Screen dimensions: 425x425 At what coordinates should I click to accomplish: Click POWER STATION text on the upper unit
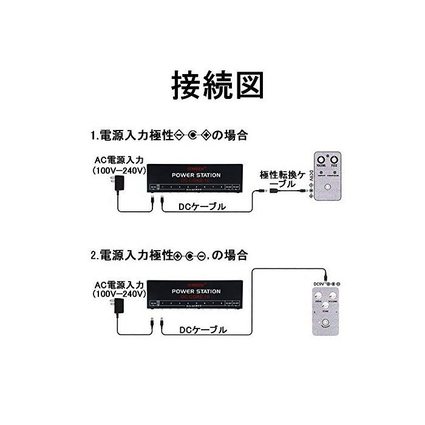coord(195,175)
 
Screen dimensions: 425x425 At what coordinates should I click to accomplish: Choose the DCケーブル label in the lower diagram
coord(203,330)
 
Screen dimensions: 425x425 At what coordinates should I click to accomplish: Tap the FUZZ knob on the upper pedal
coord(334,160)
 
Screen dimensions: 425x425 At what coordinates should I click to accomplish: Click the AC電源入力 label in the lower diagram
coord(118,284)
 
